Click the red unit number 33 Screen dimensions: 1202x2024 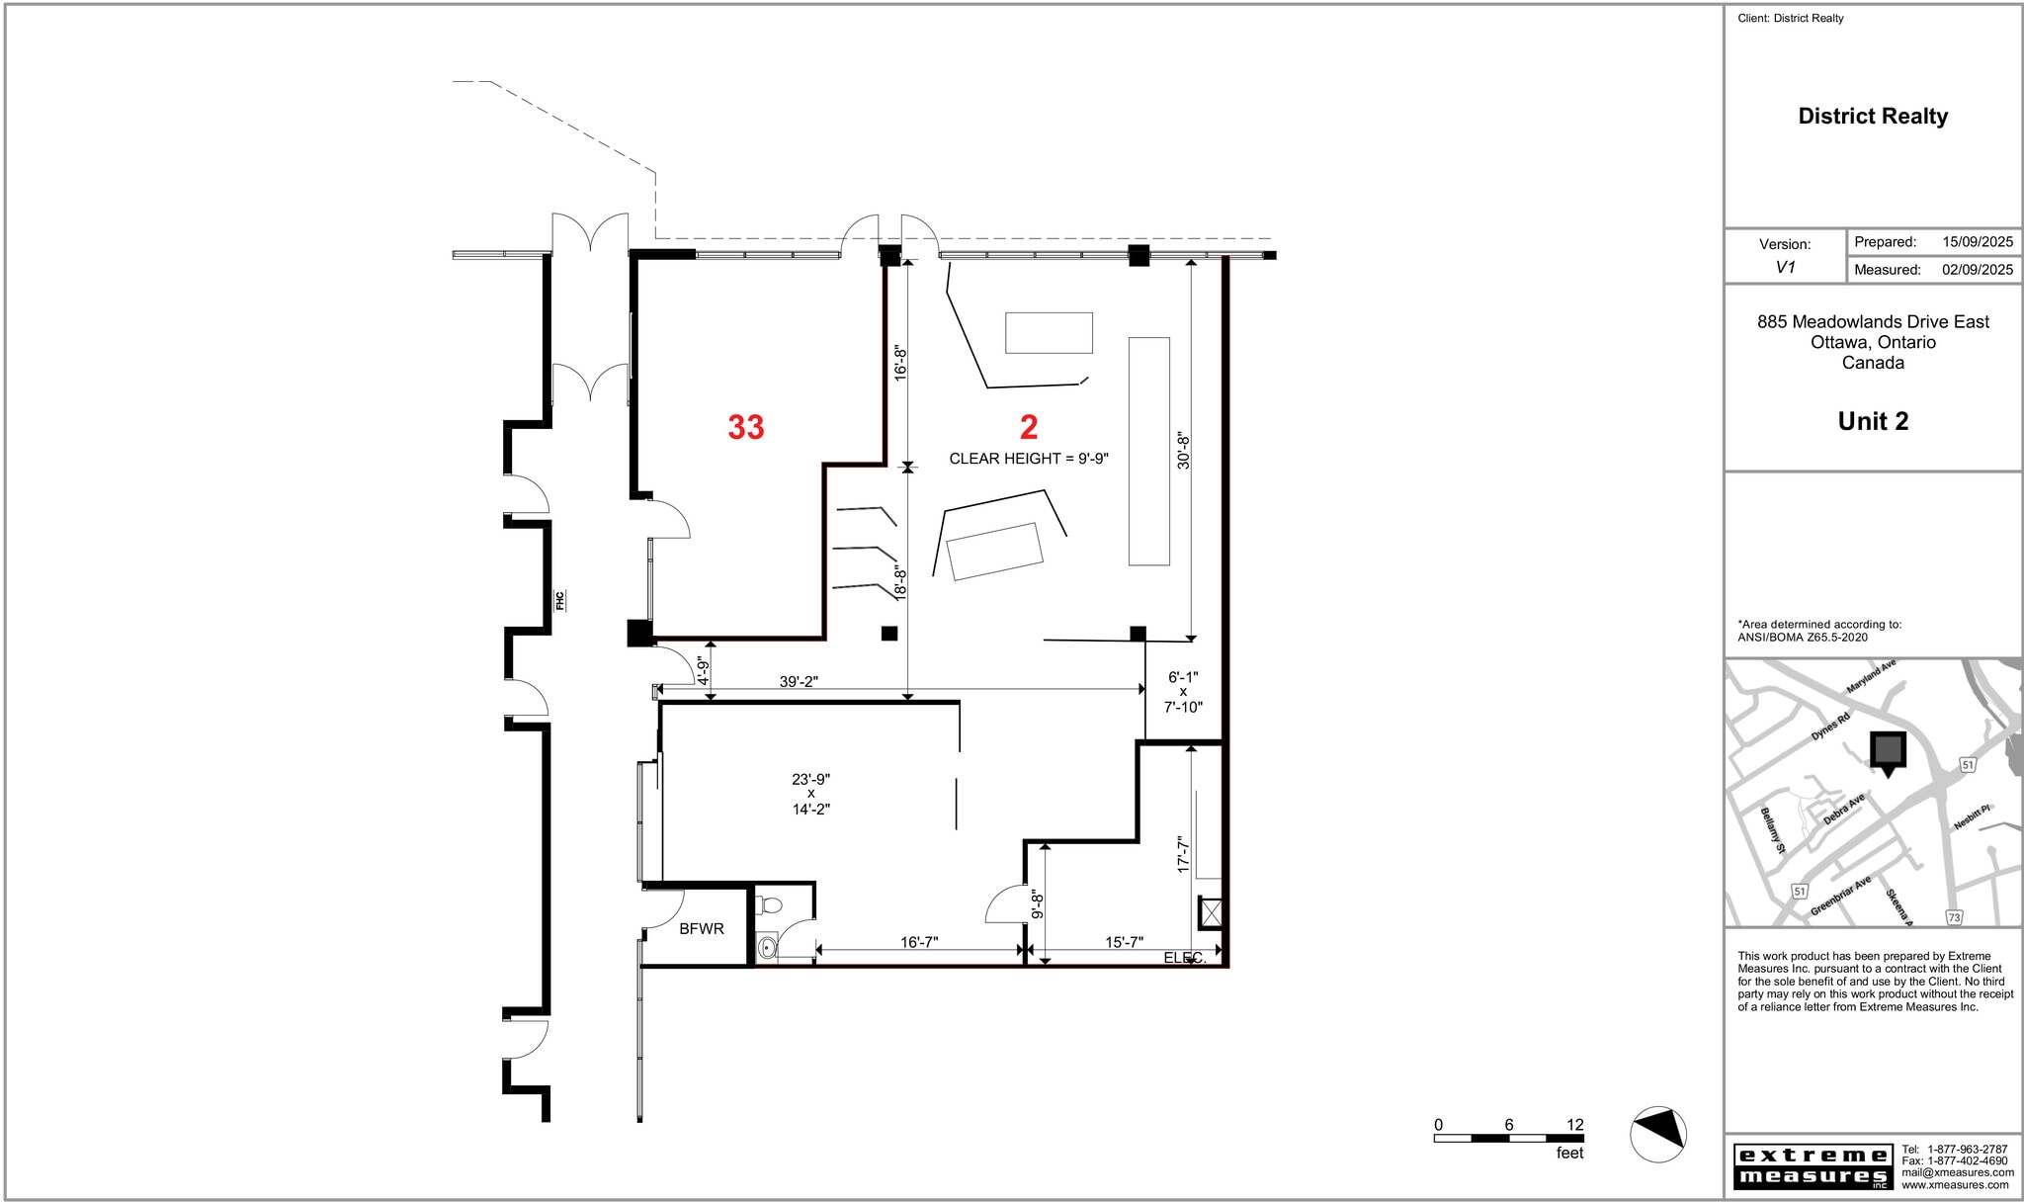coord(746,427)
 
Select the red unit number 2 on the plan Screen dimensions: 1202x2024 coord(1029,427)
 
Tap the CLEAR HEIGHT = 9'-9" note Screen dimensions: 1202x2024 coord(1029,459)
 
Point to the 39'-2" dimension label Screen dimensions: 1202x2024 coord(799,682)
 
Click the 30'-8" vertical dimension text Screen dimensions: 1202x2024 coord(1183,450)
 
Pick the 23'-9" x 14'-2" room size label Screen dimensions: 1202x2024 coord(810,794)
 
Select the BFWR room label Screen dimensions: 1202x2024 coord(702,929)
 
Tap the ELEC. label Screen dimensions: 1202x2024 coord(1184,958)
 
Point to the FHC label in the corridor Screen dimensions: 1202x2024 coord(559,600)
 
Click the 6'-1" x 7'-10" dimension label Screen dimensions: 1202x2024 coord(1183,692)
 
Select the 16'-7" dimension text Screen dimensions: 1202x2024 coord(918,942)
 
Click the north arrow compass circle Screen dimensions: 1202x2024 coord(1657,1134)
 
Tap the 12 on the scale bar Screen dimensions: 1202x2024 coord(1575,1125)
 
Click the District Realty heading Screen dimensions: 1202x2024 coord(1873,117)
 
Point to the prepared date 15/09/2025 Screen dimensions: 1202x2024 coord(1977,242)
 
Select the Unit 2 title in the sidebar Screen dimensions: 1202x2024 coord(1873,421)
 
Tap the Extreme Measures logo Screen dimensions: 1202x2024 coord(1813,1166)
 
